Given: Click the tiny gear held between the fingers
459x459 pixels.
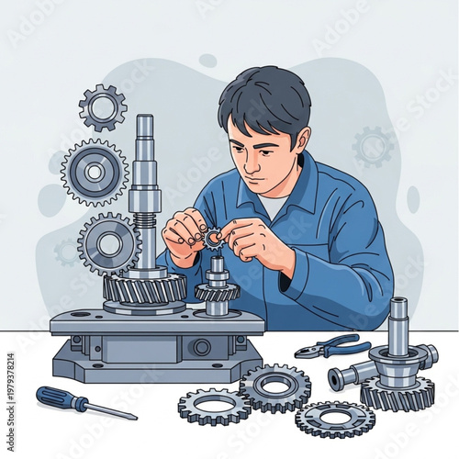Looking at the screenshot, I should click(213, 240).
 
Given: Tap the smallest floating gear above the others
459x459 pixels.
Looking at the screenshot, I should click(103, 107).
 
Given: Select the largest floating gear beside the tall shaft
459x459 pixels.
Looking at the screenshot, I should click(95, 173).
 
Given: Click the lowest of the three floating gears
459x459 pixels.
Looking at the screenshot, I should click(108, 244).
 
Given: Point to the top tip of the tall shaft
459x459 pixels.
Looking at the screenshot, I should click(144, 120).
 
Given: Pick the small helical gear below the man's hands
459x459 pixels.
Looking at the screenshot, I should click(218, 292).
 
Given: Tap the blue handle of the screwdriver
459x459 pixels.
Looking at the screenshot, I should click(56, 397).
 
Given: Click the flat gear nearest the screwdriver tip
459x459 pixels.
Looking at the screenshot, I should click(213, 405).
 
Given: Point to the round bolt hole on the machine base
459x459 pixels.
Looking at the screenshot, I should click(200, 347).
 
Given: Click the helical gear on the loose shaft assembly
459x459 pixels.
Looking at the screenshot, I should click(397, 392).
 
